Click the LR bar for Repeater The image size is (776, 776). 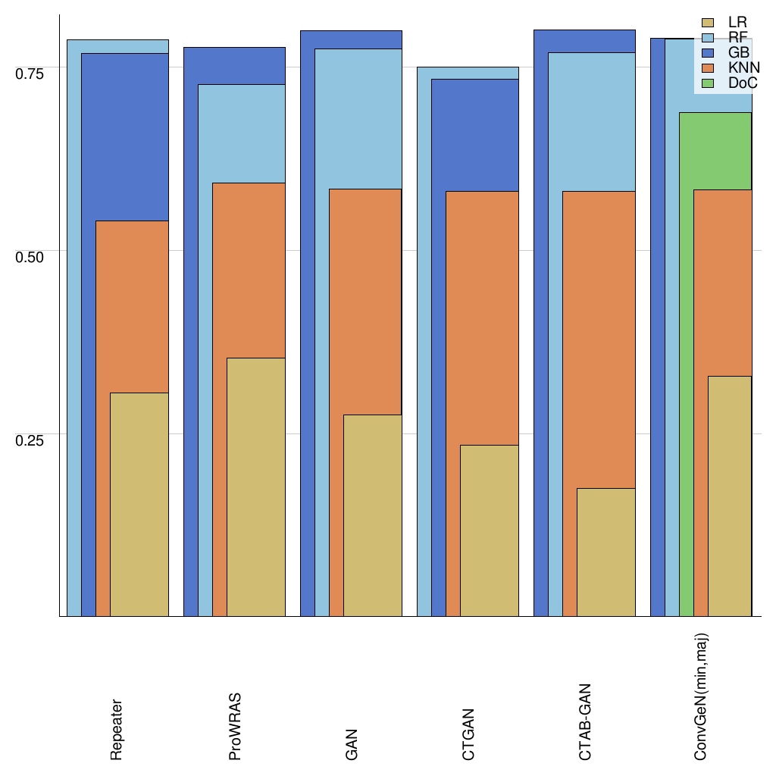[139, 504]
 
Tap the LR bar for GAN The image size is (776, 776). [372, 515]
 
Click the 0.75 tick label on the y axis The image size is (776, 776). [30, 73]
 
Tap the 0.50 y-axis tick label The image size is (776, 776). [30, 256]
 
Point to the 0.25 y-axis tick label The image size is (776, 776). [30, 440]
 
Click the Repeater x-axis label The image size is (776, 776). [116, 730]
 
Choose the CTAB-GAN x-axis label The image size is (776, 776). [585, 722]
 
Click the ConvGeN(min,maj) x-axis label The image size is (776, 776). [702, 696]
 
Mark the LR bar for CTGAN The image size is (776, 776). [489, 530]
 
